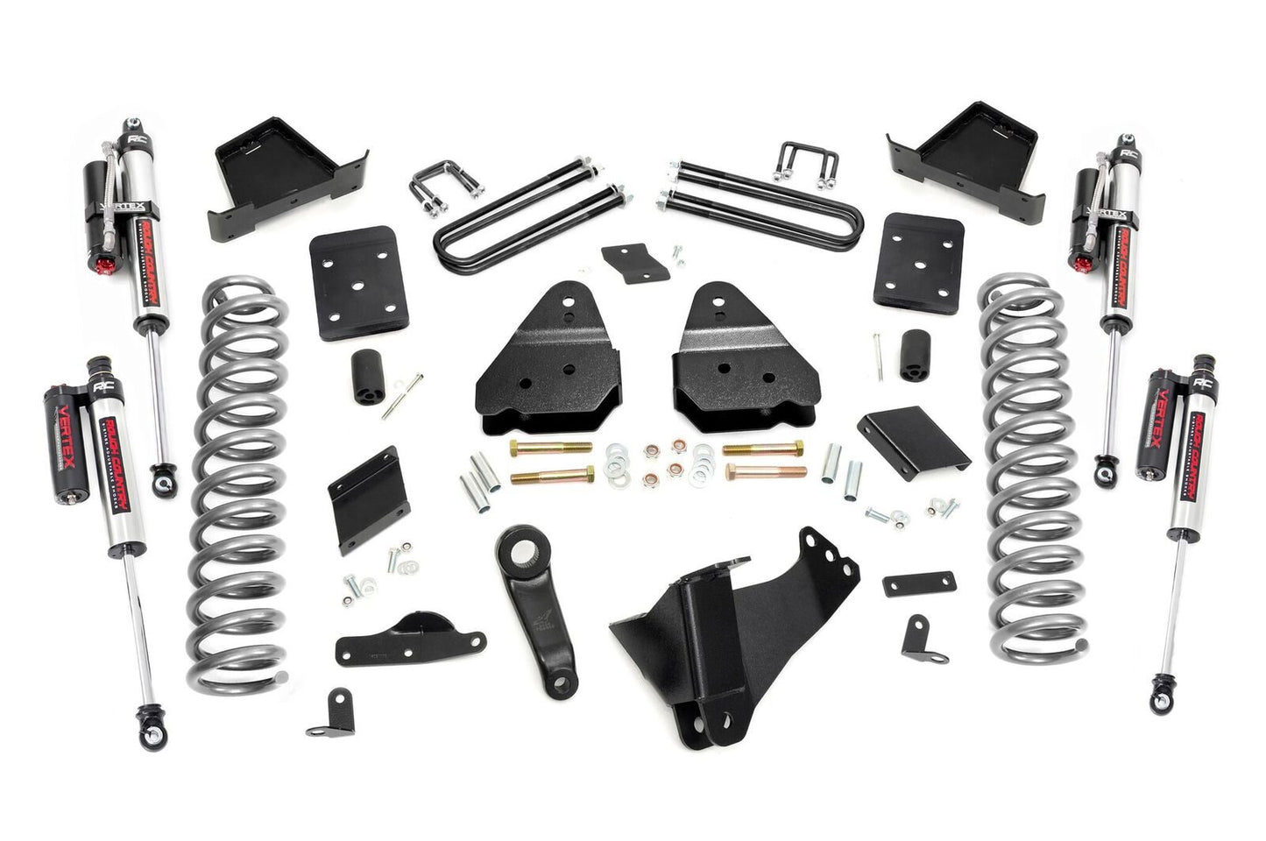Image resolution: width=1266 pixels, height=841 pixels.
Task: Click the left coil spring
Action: pos(239,473)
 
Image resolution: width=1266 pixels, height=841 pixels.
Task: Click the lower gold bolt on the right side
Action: pos(752,476)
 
